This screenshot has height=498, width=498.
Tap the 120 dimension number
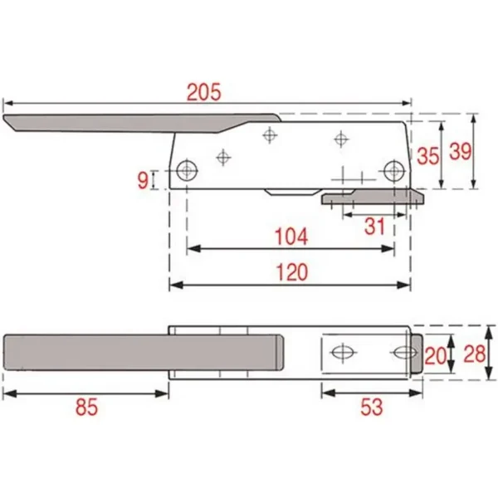pyautogui.click(x=290, y=272)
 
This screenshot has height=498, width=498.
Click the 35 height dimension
pyautogui.click(x=428, y=155)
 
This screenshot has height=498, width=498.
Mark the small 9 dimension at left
pyautogui.click(x=143, y=178)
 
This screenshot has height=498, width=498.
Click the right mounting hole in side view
pyautogui.click(x=394, y=171)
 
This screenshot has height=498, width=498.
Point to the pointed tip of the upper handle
pyautogui.click(x=8, y=123)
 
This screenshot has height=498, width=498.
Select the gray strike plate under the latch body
pyautogui.click(x=373, y=198)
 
